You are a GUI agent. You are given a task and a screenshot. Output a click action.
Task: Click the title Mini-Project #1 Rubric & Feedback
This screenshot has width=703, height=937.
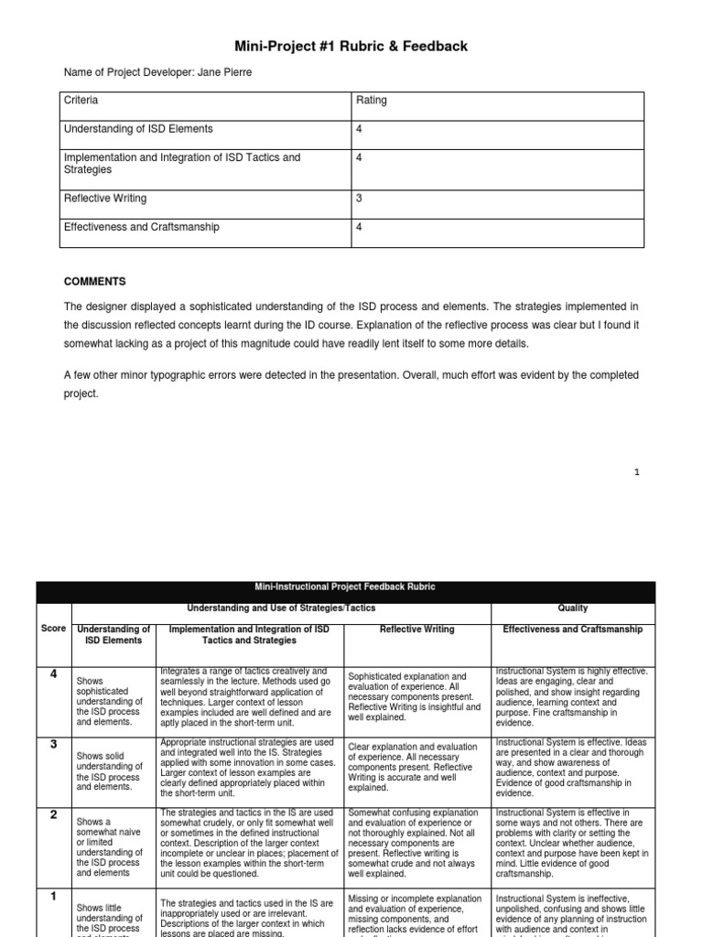tap(351, 46)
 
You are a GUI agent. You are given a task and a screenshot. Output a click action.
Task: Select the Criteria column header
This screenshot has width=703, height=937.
tap(81, 101)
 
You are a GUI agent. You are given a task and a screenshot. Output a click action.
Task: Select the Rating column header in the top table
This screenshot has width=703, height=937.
tap(371, 101)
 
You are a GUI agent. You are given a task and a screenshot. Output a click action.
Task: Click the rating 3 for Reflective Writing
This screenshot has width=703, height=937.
tap(359, 199)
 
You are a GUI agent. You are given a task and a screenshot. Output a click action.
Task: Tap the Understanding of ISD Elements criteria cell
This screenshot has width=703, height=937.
tap(137, 129)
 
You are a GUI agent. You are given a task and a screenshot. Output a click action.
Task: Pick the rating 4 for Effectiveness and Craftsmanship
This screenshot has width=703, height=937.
tap(359, 227)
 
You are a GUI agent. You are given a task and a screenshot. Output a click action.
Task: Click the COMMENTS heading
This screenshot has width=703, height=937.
tap(95, 282)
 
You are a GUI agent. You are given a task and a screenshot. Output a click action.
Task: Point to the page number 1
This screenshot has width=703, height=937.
tap(636, 471)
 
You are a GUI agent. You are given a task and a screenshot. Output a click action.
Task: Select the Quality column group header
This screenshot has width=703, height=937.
tap(572, 608)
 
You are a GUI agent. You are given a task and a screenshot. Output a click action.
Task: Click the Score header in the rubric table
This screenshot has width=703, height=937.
tap(53, 629)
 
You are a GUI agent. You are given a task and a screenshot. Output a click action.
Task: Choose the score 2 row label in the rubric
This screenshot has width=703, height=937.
tap(53, 814)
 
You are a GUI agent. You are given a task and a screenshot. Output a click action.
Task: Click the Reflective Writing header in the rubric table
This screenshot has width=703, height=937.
tap(416, 630)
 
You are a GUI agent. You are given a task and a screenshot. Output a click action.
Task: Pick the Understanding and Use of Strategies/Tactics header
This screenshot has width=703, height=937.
tap(281, 608)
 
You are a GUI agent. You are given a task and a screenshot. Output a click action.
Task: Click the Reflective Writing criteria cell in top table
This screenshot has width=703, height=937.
tap(104, 199)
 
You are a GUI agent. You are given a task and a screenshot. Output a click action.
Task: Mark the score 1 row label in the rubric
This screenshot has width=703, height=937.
tap(53, 897)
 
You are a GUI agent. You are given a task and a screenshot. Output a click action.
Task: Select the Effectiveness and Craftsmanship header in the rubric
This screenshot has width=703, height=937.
tap(572, 630)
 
